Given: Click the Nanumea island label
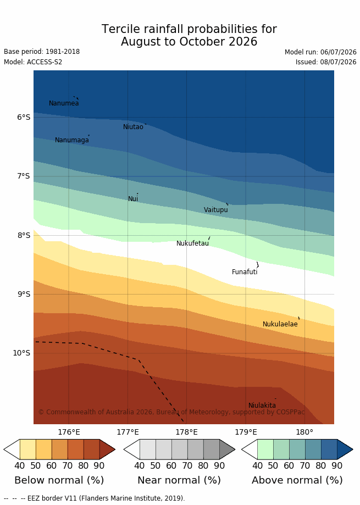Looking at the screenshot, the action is [x=64, y=103].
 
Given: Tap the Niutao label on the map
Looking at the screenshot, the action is [x=133, y=127].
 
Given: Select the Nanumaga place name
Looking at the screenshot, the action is [x=72, y=140].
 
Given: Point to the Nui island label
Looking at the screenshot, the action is [x=133, y=199].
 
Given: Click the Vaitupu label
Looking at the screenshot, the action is [x=216, y=210].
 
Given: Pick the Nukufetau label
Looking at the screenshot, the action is [x=192, y=243].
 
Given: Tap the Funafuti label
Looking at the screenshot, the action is [x=245, y=272].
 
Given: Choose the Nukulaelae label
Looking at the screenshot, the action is [x=280, y=324].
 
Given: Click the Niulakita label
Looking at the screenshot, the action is [x=262, y=406].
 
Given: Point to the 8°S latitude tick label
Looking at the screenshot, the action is [x=24, y=235].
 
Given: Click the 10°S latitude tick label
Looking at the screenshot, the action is [x=21, y=353].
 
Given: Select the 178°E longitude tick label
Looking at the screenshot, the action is [x=187, y=432].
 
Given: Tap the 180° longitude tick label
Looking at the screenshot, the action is [x=304, y=432].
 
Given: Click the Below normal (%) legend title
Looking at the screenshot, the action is [x=59, y=480].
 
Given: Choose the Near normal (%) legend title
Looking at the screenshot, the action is [x=179, y=480].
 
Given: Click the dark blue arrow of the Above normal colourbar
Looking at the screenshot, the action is [x=345, y=449].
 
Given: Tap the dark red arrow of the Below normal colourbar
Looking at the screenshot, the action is [x=107, y=449].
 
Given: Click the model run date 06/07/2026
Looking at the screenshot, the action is [x=338, y=52].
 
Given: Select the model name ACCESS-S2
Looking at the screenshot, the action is [x=45, y=62].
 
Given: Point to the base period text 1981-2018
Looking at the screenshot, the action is [x=63, y=52].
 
